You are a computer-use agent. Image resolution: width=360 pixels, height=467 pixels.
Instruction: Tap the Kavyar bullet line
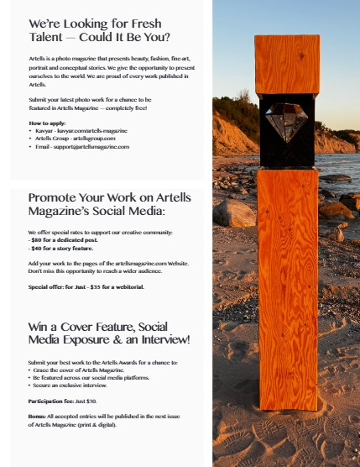pos(81,131)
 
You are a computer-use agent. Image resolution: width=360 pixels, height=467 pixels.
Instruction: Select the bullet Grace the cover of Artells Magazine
pos(82,370)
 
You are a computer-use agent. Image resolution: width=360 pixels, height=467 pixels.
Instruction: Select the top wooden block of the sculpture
pos(286,63)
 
